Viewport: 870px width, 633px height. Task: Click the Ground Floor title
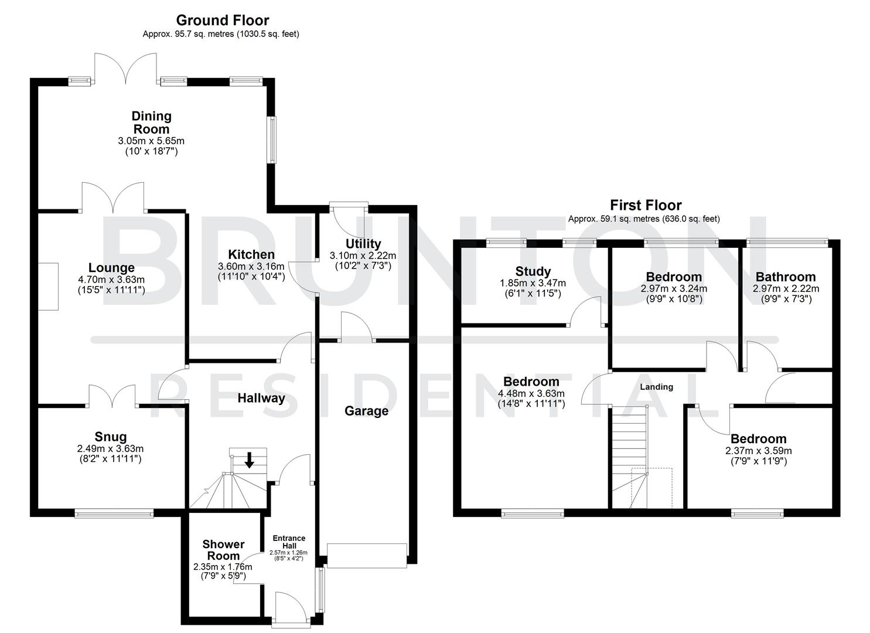click(x=223, y=21)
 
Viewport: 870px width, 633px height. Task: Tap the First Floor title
click(x=646, y=205)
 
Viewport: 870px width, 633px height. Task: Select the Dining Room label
click(x=151, y=122)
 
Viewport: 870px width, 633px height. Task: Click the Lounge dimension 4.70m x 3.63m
click(x=111, y=280)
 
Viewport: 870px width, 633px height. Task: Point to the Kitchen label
click(x=251, y=254)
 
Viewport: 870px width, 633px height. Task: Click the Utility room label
click(x=363, y=244)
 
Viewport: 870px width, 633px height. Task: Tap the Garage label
click(x=366, y=411)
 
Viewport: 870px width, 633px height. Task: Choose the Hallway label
click(x=261, y=399)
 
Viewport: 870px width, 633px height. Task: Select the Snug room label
click(x=111, y=437)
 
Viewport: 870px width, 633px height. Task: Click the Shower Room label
click(x=223, y=550)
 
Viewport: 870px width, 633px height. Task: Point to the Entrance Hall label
click(x=289, y=542)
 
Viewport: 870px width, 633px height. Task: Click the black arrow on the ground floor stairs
click(x=249, y=461)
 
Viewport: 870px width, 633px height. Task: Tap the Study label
click(x=533, y=271)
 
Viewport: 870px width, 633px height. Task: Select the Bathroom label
click(x=786, y=277)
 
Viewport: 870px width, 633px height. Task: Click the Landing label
click(x=656, y=387)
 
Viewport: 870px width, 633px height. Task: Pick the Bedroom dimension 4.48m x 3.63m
click(x=531, y=393)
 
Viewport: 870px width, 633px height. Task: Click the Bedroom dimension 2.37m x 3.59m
click(x=758, y=451)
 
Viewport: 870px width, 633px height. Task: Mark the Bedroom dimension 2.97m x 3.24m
click(x=674, y=288)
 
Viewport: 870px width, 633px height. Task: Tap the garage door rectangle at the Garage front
click(x=367, y=556)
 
